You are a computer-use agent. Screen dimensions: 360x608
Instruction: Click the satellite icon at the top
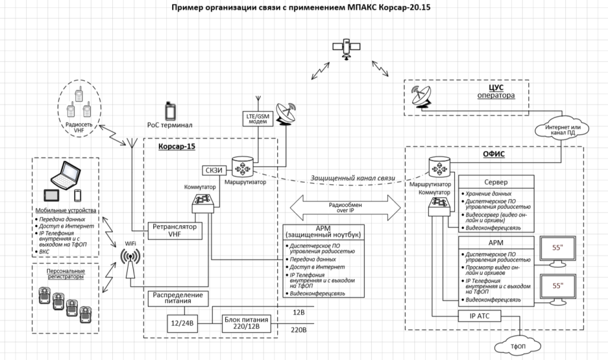[x=346, y=49]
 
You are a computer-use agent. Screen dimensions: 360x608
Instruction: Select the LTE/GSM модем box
[x=258, y=118]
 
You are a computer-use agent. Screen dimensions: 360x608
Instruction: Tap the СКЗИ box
[x=213, y=169]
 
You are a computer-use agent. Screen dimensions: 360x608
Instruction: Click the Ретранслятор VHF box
[x=174, y=230]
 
